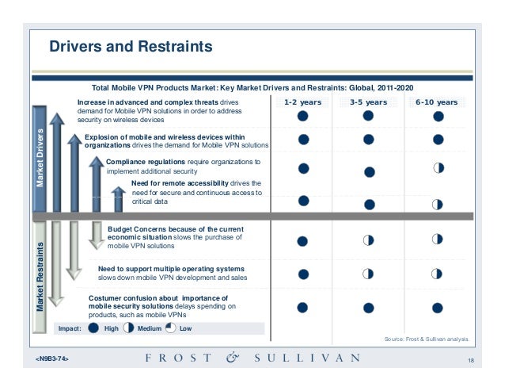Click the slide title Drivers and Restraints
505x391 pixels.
(x=131, y=47)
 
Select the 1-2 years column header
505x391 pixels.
(x=303, y=102)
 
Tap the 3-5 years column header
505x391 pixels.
(x=368, y=102)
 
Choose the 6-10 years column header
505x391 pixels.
(x=436, y=102)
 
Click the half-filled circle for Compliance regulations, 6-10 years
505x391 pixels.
(x=437, y=167)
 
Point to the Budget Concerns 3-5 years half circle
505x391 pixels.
(x=368, y=240)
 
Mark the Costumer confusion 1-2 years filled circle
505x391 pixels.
(x=303, y=306)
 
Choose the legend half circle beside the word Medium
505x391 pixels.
(x=127, y=328)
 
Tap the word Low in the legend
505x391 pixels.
(x=185, y=328)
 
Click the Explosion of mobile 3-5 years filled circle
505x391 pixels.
(x=368, y=140)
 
